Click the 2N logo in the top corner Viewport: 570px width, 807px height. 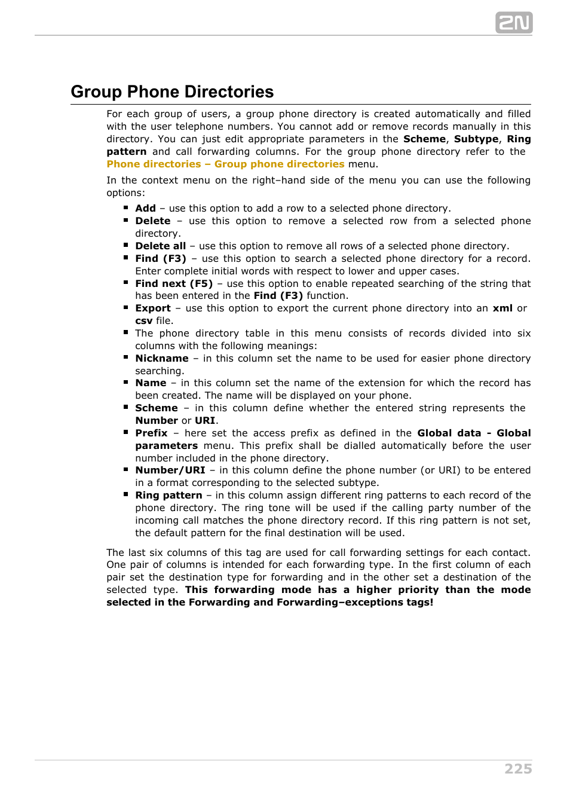(x=513, y=23)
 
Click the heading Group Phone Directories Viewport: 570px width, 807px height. (x=172, y=91)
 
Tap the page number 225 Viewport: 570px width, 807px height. (x=518, y=769)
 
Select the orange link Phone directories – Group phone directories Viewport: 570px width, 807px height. (x=225, y=164)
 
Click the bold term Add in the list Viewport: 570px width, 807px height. (x=145, y=209)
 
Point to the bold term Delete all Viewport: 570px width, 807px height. (x=160, y=246)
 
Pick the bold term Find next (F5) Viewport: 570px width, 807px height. (x=174, y=284)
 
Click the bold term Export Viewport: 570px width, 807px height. (x=153, y=308)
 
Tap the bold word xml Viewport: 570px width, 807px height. (x=502, y=308)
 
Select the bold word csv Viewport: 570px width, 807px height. (x=143, y=321)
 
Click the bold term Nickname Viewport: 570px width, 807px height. (x=161, y=359)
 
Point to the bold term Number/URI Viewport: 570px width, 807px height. (x=170, y=470)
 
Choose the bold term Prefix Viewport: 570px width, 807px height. (x=151, y=433)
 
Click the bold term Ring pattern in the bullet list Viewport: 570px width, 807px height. (x=168, y=496)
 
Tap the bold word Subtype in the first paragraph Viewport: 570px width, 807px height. (x=476, y=139)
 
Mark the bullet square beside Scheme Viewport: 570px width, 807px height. (x=126, y=407)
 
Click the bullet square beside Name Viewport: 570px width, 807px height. (x=126, y=382)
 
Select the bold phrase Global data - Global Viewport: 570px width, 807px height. (x=474, y=433)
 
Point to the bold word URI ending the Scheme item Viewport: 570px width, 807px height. (x=205, y=421)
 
